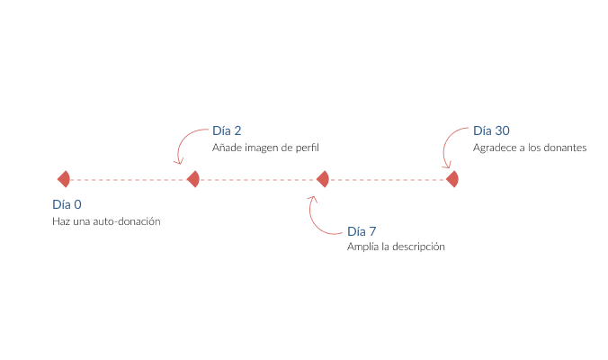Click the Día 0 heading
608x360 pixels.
pos(67,204)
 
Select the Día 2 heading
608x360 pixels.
pos(227,130)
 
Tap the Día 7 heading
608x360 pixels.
pos(362,230)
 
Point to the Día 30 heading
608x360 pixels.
pos(491,130)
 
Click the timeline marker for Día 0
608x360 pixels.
pos(64,179)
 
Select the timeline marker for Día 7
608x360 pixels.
pos(323,179)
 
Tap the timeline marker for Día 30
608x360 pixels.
pos(452,179)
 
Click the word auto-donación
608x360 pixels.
pos(126,221)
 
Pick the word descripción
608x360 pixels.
pos(416,247)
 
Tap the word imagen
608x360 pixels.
pos(261,148)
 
